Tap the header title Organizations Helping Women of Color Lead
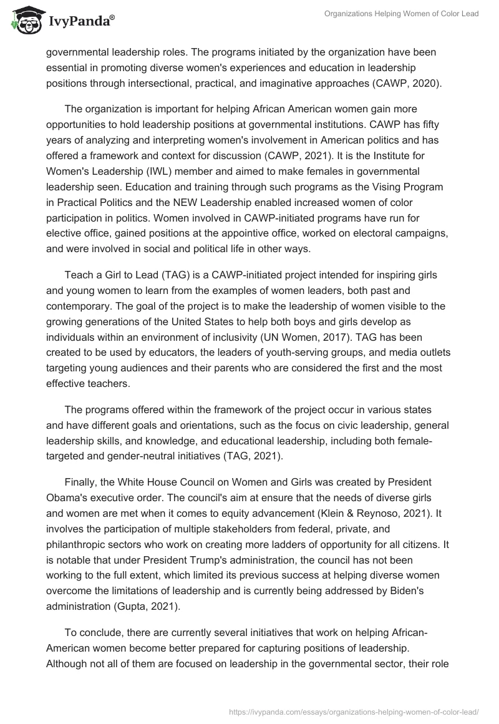click(402, 14)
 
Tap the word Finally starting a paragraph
click(81, 481)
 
